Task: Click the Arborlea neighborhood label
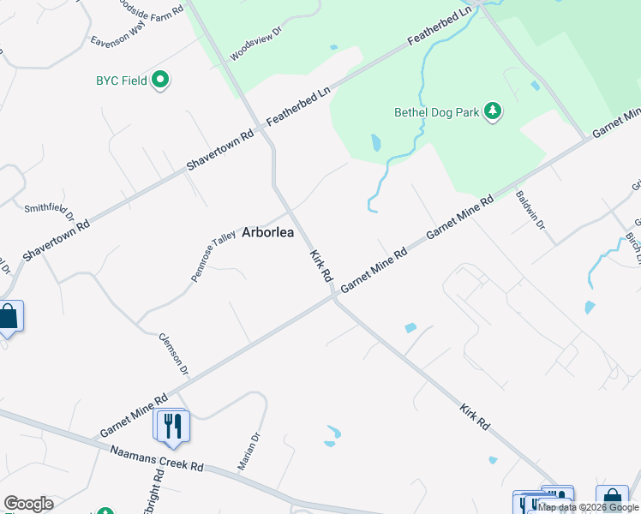point(267,232)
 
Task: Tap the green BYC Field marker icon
point(160,81)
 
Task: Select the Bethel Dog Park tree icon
point(492,111)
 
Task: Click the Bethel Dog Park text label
point(436,112)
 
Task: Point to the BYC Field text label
point(121,82)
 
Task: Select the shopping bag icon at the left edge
point(9,317)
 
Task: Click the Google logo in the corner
point(28,504)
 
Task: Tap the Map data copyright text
point(588,507)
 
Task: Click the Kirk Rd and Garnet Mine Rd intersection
point(333,298)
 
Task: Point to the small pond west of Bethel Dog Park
point(375,142)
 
